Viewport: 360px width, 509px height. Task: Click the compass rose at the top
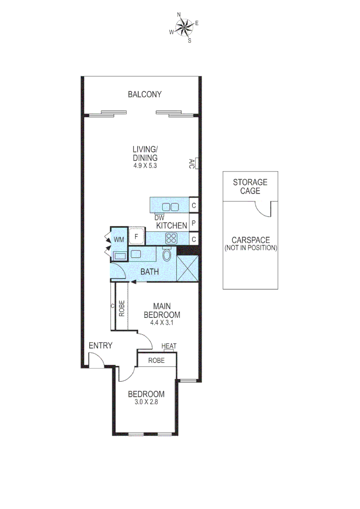click(185, 27)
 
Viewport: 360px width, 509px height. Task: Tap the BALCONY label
click(145, 94)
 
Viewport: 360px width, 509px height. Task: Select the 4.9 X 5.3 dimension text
click(145, 166)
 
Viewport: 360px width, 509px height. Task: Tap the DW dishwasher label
click(159, 218)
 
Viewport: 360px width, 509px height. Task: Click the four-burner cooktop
click(170, 238)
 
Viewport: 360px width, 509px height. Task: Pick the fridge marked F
click(137, 236)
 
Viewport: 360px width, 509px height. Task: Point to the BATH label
click(149, 272)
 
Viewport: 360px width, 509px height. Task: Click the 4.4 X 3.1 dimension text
click(163, 323)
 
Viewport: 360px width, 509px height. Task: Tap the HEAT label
click(169, 346)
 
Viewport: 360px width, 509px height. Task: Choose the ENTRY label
click(100, 346)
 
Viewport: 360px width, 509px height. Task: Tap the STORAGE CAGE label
click(250, 186)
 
